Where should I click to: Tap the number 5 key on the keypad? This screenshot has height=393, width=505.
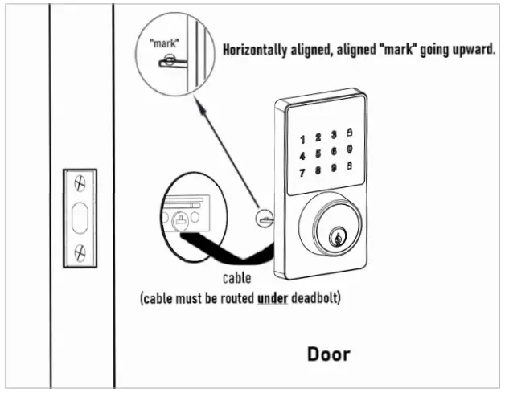[x=319, y=154]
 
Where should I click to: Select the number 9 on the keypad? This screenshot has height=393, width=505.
[x=334, y=169]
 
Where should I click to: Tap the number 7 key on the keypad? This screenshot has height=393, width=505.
[x=302, y=173]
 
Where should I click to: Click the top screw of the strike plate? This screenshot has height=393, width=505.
[x=79, y=183]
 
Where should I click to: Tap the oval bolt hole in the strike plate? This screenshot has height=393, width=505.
[x=79, y=218]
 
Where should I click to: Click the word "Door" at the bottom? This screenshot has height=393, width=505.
[x=328, y=354]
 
